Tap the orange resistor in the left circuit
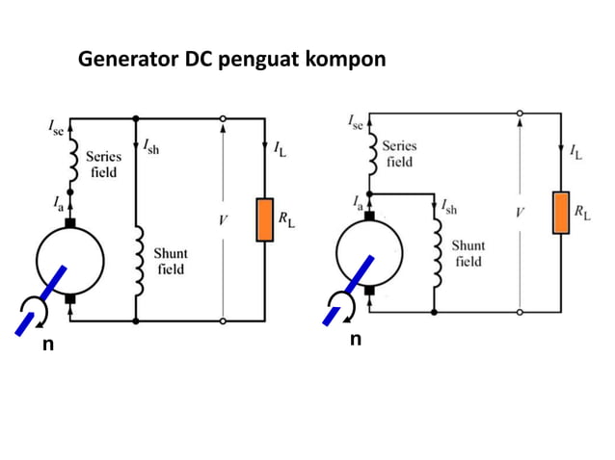(264, 219)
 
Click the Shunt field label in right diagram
(469, 253)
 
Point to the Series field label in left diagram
(102, 164)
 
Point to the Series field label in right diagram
(399, 154)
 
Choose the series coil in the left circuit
(69, 164)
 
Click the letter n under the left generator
(47, 344)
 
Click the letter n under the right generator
(356, 339)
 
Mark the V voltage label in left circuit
(223, 220)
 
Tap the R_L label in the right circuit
(582, 212)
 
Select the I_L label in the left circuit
(279, 150)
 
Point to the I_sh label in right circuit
(448, 206)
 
